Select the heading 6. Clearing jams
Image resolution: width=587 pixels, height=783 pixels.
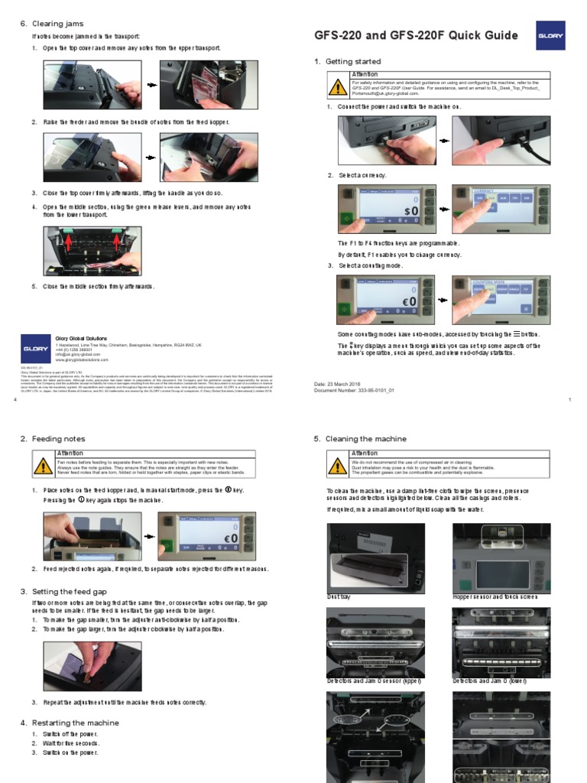point(52,24)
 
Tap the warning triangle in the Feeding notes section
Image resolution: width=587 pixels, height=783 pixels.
point(44,466)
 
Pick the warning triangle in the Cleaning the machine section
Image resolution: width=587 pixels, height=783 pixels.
point(338,466)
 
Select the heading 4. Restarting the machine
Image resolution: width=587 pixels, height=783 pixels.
point(70,723)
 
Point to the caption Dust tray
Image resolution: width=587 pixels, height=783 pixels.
point(339,595)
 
